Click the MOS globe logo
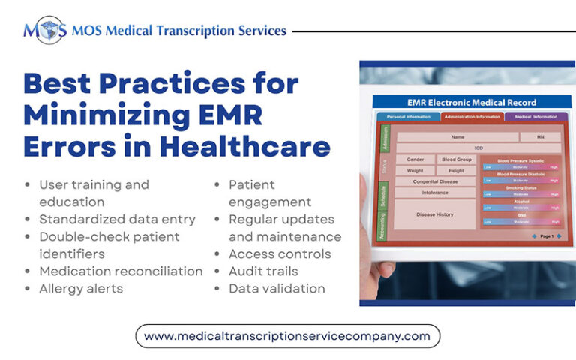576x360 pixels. pyautogui.click(x=43, y=30)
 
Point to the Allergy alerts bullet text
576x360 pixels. pyautogui.click(x=81, y=288)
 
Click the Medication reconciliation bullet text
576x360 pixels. pyautogui.click(x=121, y=271)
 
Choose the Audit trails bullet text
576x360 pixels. pyautogui.click(x=263, y=271)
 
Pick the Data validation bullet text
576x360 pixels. pyautogui.click(x=277, y=288)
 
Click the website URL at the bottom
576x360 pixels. pyautogui.click(x=287, y=335)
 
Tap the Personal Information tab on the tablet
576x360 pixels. pyautogui.click(x=408, y=117)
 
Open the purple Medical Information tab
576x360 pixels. pyautogui.click(x=535, y=117)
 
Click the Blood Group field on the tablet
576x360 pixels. pyautogui.click(x=456, y=160)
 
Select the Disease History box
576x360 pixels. pyautogui.click(x=435, y=214)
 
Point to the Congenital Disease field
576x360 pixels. pyautogui.click(x=435, y=181)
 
